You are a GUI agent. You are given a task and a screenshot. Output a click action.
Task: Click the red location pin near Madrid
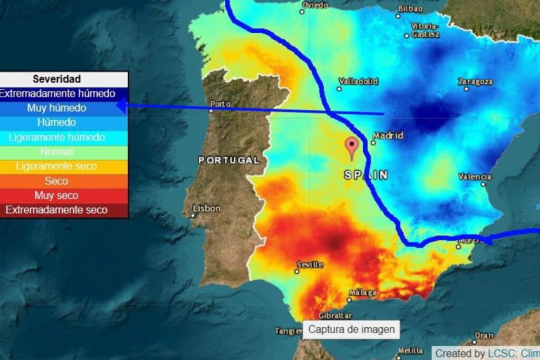point(352,147)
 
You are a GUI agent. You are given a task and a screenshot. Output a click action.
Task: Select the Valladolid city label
point(359,82)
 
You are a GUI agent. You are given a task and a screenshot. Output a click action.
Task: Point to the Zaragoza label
point(476,82)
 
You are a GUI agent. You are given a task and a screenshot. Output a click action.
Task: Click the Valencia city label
point(475,177)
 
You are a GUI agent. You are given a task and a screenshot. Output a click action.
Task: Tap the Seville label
point(310,265)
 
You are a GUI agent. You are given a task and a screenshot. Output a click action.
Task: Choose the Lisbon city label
point(206,209)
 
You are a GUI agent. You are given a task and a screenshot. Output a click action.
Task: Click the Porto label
point(220,104)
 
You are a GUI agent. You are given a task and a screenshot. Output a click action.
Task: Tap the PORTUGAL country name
point(229,160)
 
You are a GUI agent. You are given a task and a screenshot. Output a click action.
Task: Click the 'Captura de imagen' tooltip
point(351,330)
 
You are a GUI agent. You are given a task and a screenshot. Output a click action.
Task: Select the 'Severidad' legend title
point(56,79)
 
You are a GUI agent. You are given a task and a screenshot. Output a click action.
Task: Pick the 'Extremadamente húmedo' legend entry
point(57,94)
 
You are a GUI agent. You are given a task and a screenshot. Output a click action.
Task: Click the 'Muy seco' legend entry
point(56,196)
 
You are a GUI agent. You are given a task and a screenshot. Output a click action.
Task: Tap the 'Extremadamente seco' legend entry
point(56,210)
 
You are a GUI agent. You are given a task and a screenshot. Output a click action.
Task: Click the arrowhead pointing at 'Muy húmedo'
point(121,106)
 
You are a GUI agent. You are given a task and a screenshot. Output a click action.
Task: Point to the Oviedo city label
point(314,5)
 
